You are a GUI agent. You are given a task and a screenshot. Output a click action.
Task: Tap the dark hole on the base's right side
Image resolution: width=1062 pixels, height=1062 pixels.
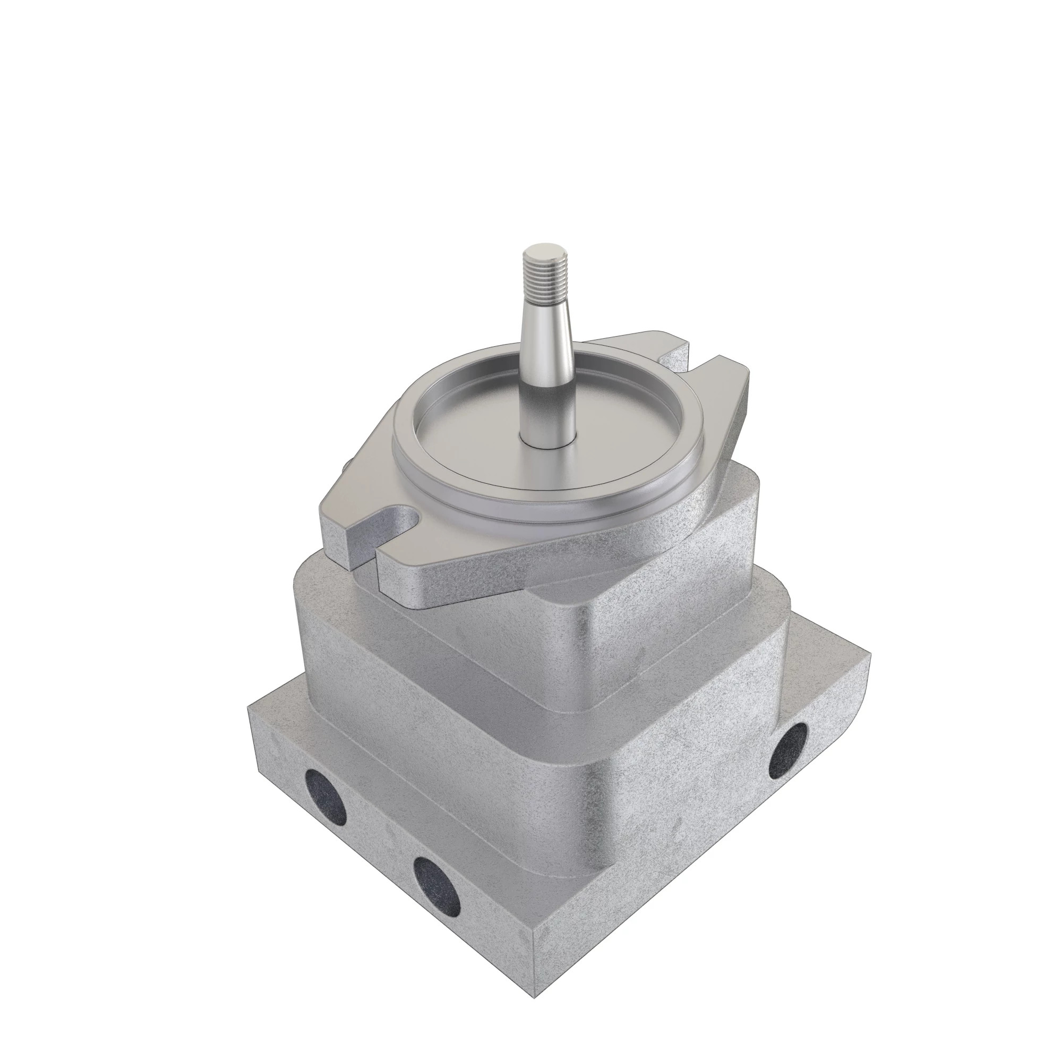click(x=787, y=746)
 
